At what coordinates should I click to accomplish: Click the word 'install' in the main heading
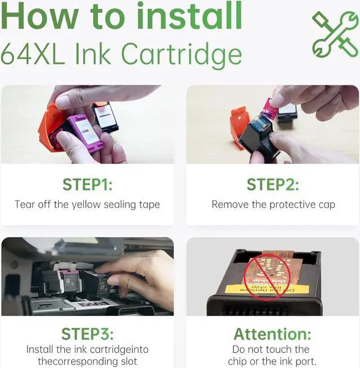(190, 16)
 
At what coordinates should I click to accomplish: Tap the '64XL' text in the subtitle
(33, 54)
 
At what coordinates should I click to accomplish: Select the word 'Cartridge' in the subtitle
(182, 56)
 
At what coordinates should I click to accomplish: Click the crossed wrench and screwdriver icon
(335, 34)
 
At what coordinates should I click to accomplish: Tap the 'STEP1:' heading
(87, 185)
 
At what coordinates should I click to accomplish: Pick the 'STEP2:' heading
(273, 185)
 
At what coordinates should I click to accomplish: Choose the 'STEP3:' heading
(87, 334)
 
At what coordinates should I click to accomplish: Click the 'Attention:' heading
(272, 334)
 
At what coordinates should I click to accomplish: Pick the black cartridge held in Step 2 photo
(258, 138)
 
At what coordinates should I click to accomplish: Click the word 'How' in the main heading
(39, 16)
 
